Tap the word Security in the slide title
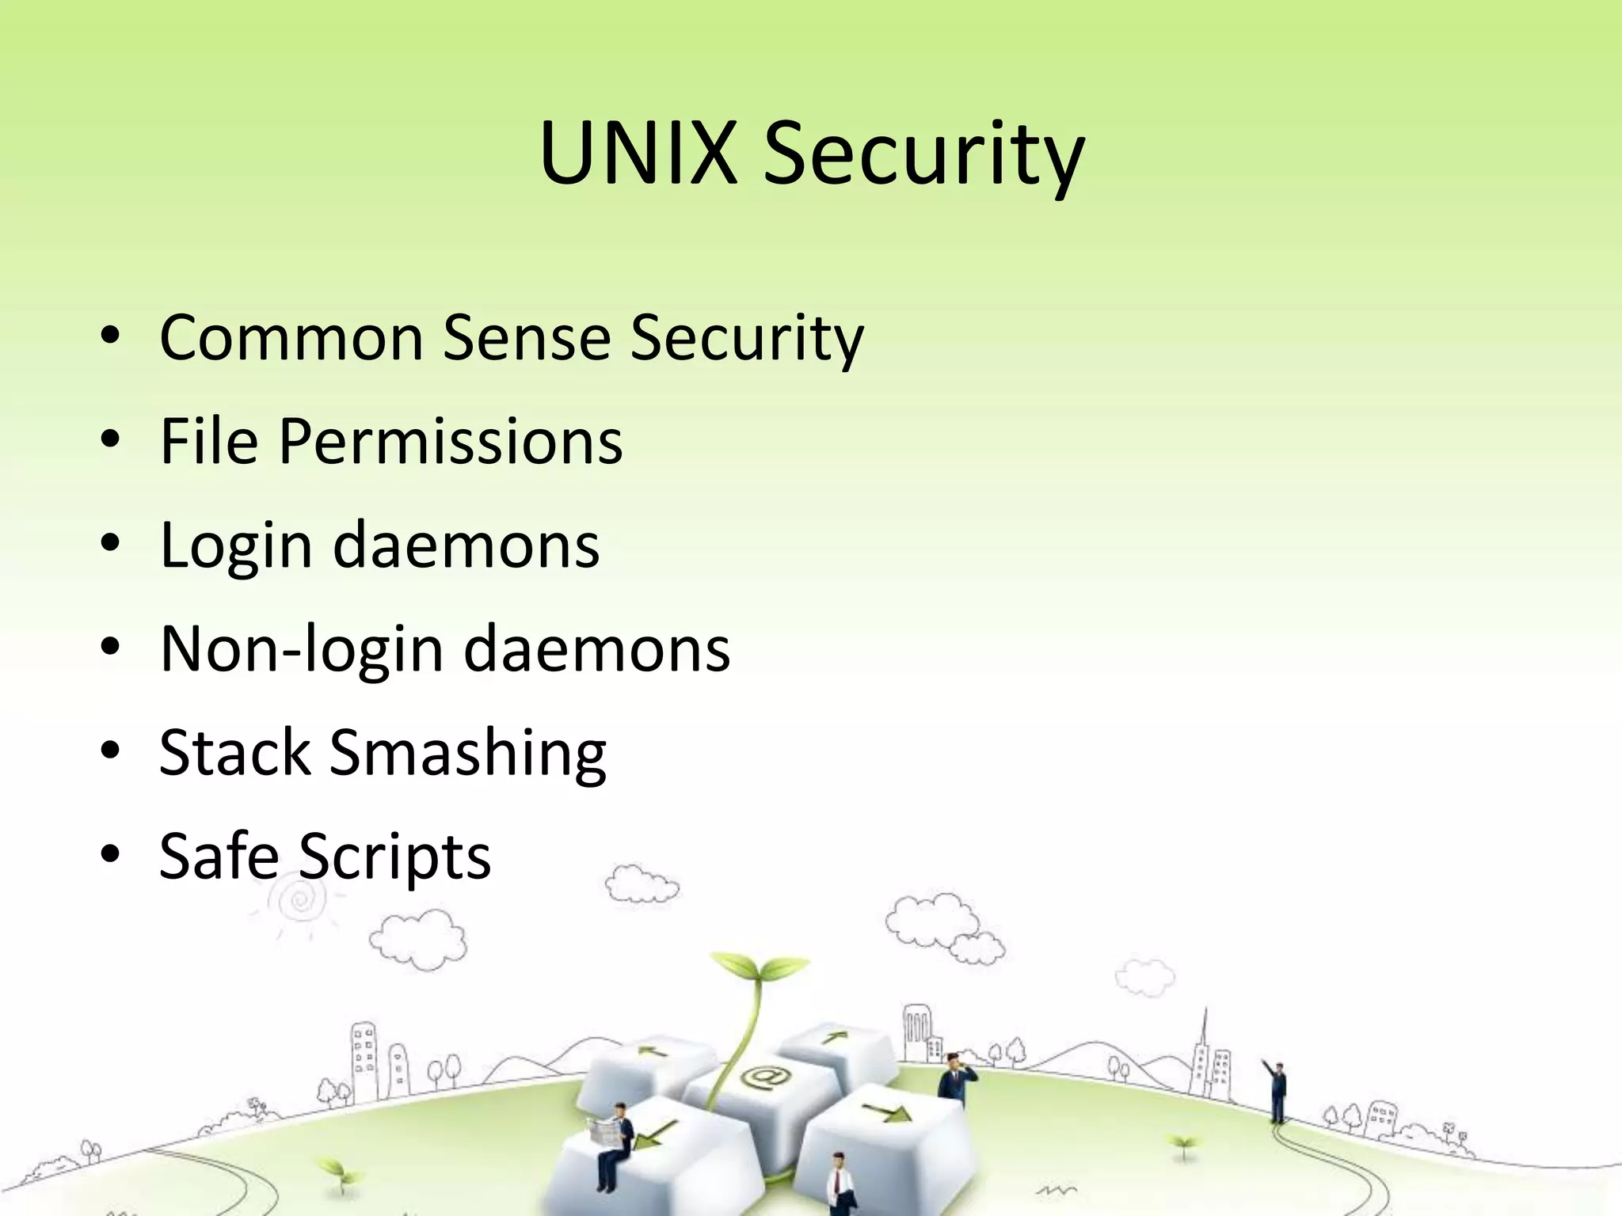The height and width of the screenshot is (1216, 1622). pos(923,155)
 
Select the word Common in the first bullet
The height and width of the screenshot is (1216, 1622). pos(291,338)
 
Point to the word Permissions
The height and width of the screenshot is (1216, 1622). pos(451,442)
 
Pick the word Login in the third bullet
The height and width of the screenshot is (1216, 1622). pos(236,546)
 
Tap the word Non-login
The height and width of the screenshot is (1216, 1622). pos(301,650)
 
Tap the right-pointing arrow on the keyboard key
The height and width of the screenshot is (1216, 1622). pos(886,1114)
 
